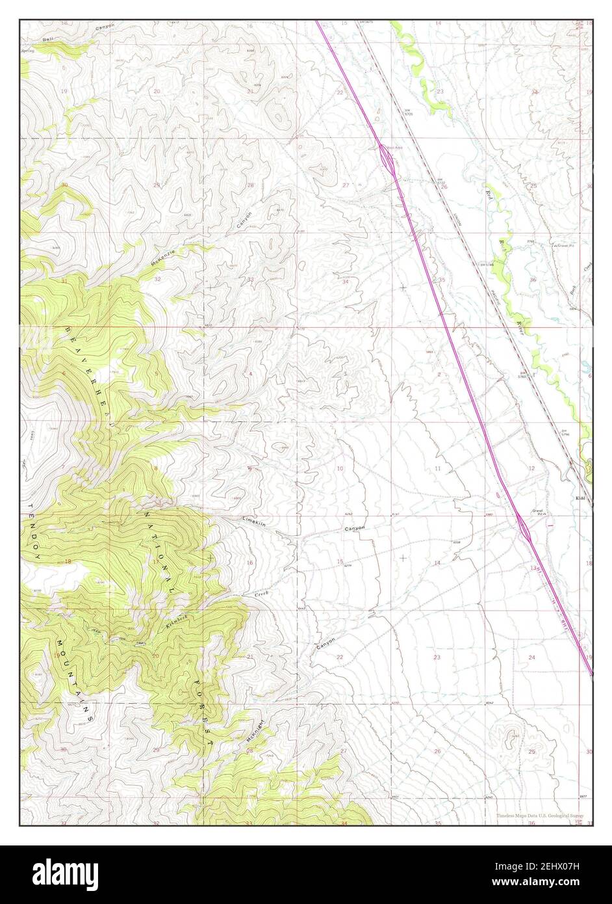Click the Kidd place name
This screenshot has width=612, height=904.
pos(581,499)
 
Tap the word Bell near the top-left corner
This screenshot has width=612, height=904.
pos(47,40)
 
